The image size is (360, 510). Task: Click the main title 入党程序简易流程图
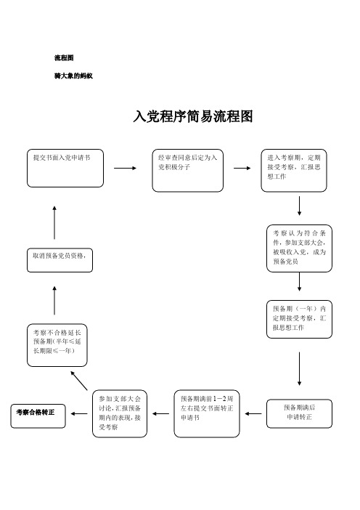point(192,117)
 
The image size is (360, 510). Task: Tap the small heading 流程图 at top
point(64,57)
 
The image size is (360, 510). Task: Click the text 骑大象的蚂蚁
point(73,76)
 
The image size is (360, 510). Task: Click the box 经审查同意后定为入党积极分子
point(187,171)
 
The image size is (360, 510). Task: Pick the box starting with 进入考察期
point(296,171)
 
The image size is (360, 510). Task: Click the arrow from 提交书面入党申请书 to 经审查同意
point(125,168)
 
